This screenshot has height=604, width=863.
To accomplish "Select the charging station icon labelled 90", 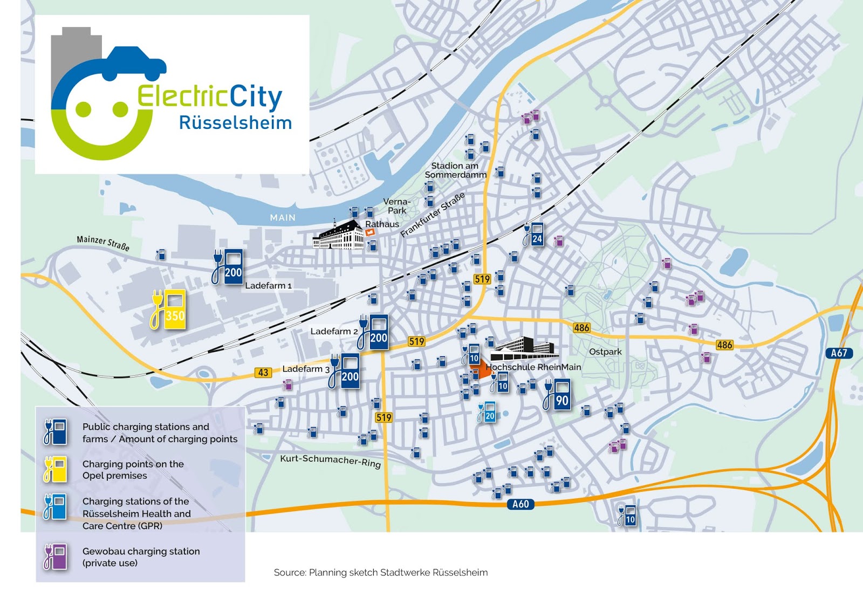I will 558,394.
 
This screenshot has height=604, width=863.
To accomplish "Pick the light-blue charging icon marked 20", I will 487,412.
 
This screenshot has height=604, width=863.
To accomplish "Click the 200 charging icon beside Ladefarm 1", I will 229,267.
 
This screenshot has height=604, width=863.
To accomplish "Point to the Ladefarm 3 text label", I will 305,369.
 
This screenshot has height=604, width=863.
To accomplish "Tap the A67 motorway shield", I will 839,353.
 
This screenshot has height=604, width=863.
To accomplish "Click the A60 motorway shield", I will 520,504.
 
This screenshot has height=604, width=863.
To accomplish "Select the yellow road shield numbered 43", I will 263,372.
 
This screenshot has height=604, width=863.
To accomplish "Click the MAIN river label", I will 283,217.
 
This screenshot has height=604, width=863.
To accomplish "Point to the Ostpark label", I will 605,352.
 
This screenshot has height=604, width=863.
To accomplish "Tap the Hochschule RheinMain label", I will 533,367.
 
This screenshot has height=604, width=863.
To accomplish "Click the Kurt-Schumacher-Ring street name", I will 330,461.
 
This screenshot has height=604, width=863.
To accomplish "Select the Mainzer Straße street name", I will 103,243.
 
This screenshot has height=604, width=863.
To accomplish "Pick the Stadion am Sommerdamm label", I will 455,170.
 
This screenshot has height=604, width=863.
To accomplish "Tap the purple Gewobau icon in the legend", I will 55,557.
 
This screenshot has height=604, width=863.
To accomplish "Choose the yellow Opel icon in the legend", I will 55,469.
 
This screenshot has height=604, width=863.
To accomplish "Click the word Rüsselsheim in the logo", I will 235,123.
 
